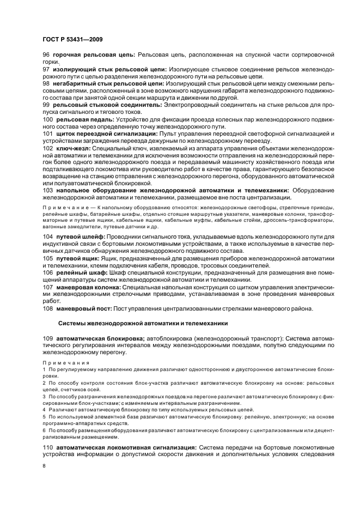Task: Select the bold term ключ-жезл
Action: coord(72,148)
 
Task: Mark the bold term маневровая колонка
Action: coord(88,286)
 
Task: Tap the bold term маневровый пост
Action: coord(83,308)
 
